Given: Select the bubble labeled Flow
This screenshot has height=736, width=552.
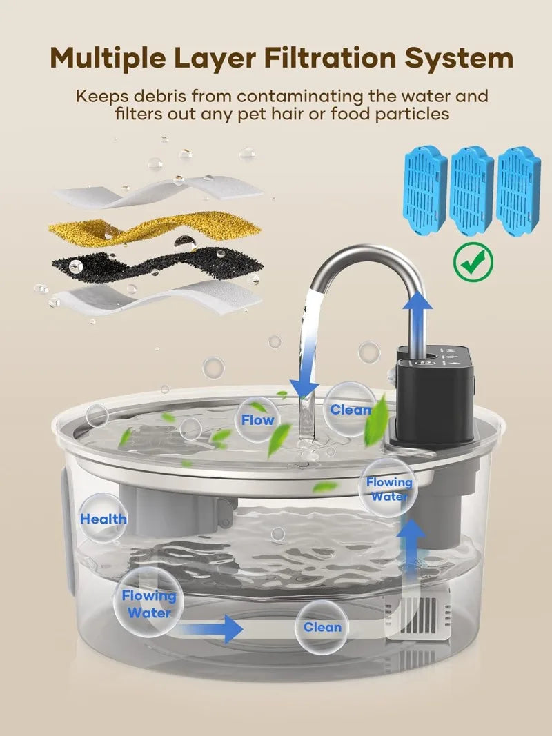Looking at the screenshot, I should click(x=257, y=419).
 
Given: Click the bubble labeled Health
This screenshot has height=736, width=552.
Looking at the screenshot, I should click(x=103, y=519).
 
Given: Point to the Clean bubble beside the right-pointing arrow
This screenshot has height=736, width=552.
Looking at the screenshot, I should click(x=322, y=627).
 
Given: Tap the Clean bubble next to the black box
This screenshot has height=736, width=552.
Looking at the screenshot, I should click(x=350, y=410).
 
